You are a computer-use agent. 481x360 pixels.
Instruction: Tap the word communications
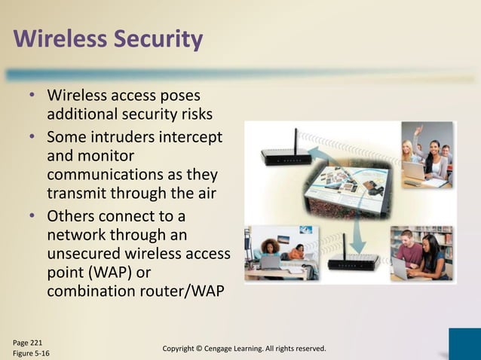tap(106, 175)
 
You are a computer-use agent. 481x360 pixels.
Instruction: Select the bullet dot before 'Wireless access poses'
tap(32, 97)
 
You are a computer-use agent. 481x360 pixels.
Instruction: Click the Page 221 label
tap(26, 341)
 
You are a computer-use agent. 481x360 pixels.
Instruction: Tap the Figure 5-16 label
tap(29, 352)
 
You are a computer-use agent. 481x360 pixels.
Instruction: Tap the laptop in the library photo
tap(400, 268)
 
